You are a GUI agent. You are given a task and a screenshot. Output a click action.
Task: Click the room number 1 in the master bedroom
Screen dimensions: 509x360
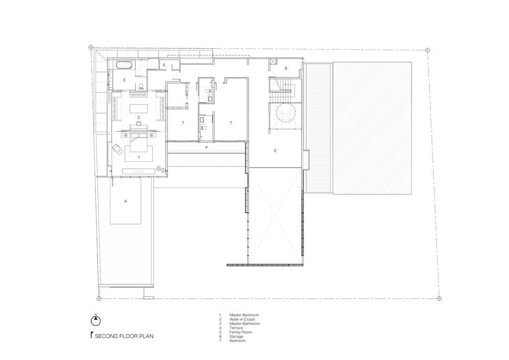click(x=139, y=157)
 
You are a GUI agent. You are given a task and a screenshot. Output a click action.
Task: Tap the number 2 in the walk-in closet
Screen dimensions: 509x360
click(x=139, y=117)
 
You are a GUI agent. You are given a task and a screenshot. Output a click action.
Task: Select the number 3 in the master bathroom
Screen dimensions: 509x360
click(x=124, y=80)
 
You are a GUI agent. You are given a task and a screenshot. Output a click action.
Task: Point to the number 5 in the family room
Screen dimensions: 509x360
click(x=275, y=151)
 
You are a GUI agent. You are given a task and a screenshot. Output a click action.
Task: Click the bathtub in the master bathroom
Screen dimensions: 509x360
click(x=124, y=64)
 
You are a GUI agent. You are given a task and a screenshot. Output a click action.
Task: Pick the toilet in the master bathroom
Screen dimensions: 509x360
click(x=141, y=87)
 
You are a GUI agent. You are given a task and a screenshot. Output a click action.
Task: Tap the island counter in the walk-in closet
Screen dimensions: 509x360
click(x=139, y=108)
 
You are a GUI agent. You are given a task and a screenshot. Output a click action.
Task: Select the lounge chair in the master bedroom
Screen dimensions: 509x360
click(x=117, y=149)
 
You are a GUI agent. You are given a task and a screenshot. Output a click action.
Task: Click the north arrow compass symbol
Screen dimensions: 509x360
click(x=96, y=321)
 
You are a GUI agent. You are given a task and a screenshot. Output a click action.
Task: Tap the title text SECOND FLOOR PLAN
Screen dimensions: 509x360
click(x=124, y=336)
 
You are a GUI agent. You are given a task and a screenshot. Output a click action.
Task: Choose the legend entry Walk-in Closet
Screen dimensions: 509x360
click(x=242, y=319)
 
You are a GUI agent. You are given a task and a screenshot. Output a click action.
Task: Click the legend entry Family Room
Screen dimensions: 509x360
click(x=241, y=332)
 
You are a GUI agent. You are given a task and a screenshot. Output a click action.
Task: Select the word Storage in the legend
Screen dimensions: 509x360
click(x=236, y=337)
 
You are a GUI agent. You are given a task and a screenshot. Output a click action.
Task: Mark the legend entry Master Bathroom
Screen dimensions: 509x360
click(x=245, y=324)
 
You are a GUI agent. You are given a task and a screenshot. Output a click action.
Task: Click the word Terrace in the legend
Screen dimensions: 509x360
click(x=236, y=328)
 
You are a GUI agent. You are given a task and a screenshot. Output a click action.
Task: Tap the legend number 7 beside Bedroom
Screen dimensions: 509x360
click(x=220, y=341)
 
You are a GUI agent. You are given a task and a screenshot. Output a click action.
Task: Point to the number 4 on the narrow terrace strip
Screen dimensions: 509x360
click(x=206, y=147)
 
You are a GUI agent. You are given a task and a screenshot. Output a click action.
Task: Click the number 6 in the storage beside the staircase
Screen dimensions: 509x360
click(x=286, y=68)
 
